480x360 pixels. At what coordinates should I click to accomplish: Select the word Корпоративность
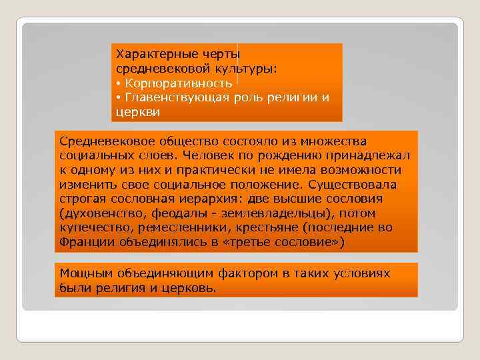point(178,83)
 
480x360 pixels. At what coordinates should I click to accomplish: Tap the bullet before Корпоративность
point(118,83)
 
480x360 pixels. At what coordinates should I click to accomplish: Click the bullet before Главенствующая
point(118,98)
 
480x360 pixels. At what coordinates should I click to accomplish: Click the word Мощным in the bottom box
point(84,273)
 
